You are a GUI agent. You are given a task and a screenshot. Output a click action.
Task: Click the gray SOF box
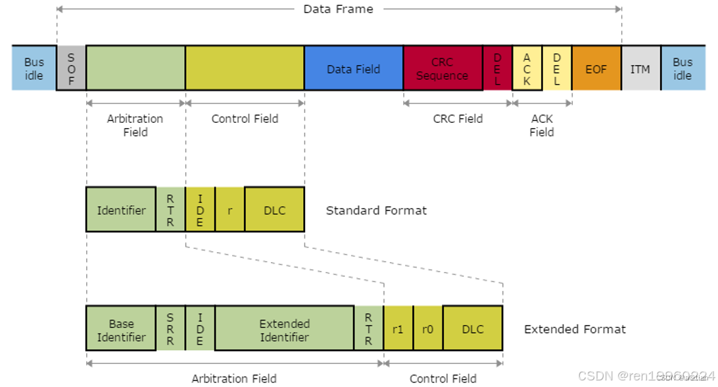[x=71, y=68]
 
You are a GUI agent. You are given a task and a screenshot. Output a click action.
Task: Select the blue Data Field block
[x=354, y=68]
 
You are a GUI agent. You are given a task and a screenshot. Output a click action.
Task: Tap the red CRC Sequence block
[x=443, y=68]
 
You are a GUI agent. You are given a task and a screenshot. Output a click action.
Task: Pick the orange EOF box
[x=596, y=68]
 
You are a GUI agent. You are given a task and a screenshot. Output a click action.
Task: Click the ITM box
[x=640, y=68]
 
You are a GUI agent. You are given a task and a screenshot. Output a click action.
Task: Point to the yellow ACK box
[x=527, y=68]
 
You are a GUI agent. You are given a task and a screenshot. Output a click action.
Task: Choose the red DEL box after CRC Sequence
[x=497, y=68]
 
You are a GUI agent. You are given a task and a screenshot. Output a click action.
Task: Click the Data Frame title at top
[x=338, y=9]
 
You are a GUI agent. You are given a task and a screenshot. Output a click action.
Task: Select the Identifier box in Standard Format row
[x=121, y=210]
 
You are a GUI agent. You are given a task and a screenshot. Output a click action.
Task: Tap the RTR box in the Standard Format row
[x=170, y=210]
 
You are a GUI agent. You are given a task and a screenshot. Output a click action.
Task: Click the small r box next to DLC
[x=229, y=210]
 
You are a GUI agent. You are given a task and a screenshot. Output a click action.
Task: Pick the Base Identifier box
[x=121, y=330]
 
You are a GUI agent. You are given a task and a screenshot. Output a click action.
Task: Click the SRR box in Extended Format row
[x=170, y=330]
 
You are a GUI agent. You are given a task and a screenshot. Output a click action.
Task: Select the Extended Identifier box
[x=284, y=330]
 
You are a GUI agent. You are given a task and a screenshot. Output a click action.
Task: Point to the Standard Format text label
[x=376, y=210]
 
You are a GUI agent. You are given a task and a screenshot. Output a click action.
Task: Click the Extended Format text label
[x=575, y=329]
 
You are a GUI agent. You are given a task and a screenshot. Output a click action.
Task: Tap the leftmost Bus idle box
[x=34, y=68]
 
